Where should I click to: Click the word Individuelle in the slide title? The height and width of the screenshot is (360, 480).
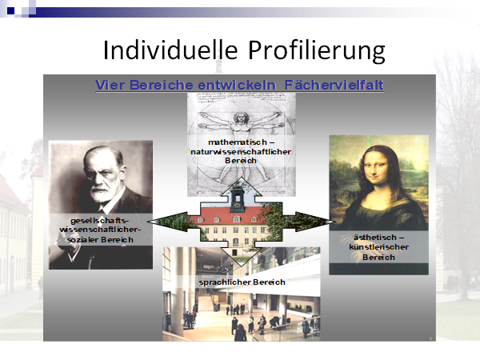(x=170, y=50)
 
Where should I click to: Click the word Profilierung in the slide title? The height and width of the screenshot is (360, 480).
(x=317, y=51)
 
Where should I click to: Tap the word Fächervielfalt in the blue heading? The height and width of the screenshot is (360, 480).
(x=334, y=85)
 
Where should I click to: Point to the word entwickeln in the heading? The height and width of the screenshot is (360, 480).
(x=237, y=85)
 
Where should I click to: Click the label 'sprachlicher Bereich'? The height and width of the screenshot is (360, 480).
(x=242, y=282)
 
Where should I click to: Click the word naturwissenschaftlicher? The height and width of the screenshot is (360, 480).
(x=241, y=151)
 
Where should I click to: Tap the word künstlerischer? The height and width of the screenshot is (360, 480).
(x=378, y=247)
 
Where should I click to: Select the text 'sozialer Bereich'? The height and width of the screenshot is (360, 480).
(x=100, y=240)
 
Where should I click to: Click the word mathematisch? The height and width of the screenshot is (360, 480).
(x=238, y=142)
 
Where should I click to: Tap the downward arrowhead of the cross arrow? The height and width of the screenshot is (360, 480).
(x=241, y=257)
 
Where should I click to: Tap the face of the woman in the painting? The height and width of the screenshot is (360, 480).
(x=378, y=168)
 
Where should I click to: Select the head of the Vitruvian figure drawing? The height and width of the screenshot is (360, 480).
(x=241, y=118)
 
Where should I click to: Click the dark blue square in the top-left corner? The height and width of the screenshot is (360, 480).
(x=10, y=11)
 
